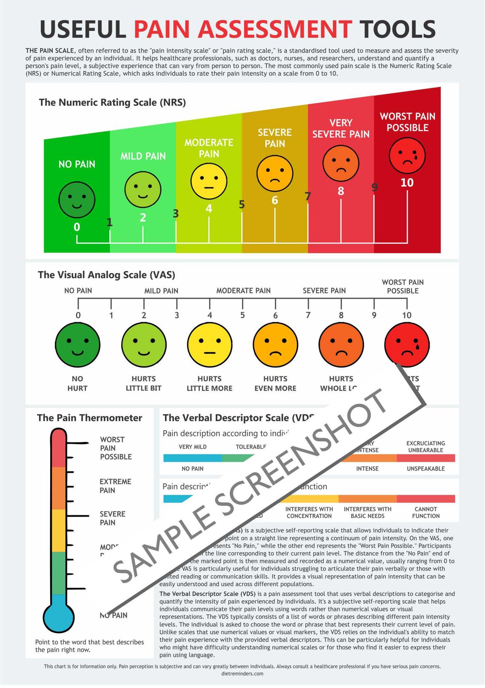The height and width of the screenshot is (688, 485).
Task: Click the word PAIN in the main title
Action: [x=162, y=30]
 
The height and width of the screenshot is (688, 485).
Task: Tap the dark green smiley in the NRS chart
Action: [x=77, y=200]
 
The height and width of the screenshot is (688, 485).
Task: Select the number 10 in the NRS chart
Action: [x=407, y=183]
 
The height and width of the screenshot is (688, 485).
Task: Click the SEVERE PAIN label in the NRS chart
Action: [x=275, y=138]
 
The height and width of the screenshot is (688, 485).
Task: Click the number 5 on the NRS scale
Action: [x=242, y=205]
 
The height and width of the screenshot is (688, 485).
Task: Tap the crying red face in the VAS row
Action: [x=407, y=345]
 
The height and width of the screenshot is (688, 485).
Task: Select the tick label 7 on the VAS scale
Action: [x=308, y=315]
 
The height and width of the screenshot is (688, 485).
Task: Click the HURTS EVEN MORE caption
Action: [x=275, y=383]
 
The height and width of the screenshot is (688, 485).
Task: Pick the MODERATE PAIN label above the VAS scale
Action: [x=243, y=291]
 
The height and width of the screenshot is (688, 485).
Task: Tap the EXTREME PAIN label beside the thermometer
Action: [x=115, y=486]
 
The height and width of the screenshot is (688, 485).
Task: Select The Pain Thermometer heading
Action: [x=89, y=418]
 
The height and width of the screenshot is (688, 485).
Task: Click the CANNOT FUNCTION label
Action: [x=426, y=512]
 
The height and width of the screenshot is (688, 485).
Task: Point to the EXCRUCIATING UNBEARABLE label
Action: [x=425, y=447]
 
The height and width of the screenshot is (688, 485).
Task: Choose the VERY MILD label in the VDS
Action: [x=193, y=447]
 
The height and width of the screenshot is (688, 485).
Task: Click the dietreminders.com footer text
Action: [x=242, y=674]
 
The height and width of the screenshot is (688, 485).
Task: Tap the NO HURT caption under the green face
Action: [x=77, y=383]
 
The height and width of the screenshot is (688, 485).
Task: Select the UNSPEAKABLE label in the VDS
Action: [x=425, y=468]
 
